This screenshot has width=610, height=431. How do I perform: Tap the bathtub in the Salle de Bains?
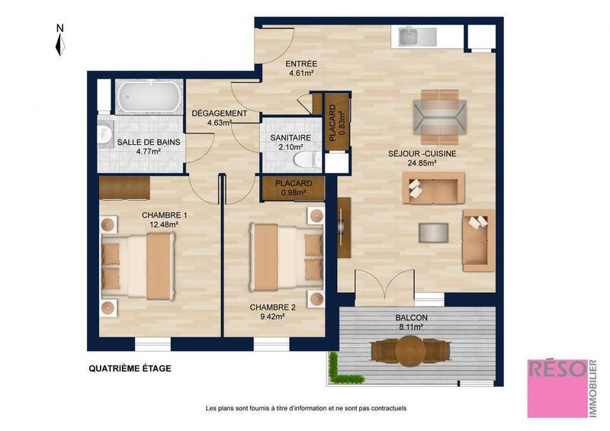[x=149, y=98]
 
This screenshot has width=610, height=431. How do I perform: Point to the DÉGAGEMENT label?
[x=219, y=114]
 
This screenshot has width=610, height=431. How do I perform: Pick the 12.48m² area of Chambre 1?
[x=164, y=224]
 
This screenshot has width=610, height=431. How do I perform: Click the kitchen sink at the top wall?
[x=409, y=35]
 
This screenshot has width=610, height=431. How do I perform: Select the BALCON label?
[x=411, y=318]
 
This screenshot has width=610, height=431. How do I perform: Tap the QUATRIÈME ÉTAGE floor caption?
[x=130, y=368]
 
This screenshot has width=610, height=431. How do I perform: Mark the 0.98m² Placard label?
[x=294, y=188]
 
